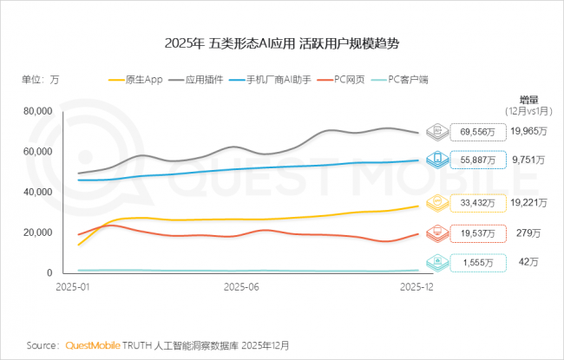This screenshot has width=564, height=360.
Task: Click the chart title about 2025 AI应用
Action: coord(281,43)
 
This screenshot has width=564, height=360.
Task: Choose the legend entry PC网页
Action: coord(354,79)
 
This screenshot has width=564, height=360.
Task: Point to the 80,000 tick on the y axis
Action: coord(38,111)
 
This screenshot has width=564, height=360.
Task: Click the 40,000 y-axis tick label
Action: coord(38,192)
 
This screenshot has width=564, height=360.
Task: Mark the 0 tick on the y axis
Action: coord(49,273)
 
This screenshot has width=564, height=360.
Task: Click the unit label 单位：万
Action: coord(41,79)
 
